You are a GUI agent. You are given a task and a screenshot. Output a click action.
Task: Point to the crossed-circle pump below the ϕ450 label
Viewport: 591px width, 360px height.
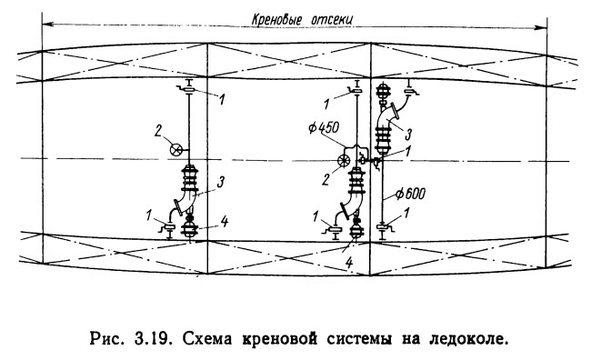point(345,162)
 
